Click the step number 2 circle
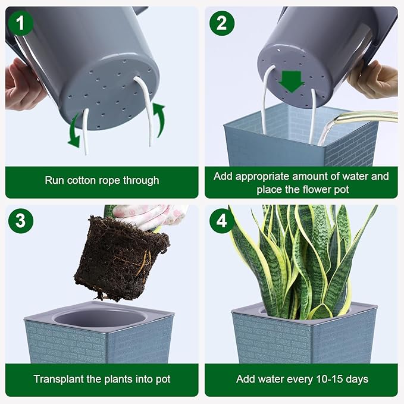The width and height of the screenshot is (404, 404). (221, 23)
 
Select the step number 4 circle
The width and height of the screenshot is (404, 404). (221, 221)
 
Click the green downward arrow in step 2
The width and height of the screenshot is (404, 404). (292, 81)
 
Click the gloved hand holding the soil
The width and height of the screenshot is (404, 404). (149, 215)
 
